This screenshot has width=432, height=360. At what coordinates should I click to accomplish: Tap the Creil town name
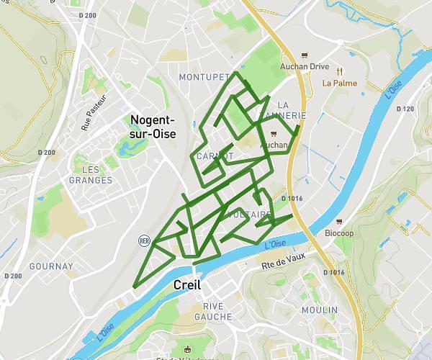[x=187, y=285]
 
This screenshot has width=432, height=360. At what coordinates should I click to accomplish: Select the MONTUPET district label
[x=204, y=77]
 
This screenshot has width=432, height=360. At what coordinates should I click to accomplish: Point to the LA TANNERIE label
[x=292, y=110]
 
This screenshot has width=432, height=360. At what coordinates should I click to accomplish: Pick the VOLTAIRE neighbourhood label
[x=249, y=215]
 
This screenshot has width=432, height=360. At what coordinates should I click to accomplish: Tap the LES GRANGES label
[x=91, y=174]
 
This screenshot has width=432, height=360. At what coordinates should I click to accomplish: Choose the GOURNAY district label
[x=51, y=266]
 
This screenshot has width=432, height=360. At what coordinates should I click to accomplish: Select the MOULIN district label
[x=320, y=310]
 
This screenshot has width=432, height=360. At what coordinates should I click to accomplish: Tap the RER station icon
[x=144, y=240]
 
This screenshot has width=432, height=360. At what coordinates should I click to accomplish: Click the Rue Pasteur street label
[x=94, y=112]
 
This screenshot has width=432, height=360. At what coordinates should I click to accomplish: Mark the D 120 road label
[x=405, y=109]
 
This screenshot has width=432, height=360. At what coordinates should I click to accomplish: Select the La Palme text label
[x=339, y=83]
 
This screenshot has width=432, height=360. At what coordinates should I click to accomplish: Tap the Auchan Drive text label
[x=304, y=67]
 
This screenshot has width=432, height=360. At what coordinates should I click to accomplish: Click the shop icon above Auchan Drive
[x=305, y=55]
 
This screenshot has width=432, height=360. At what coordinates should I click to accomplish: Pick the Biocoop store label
[x=339, y=233]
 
